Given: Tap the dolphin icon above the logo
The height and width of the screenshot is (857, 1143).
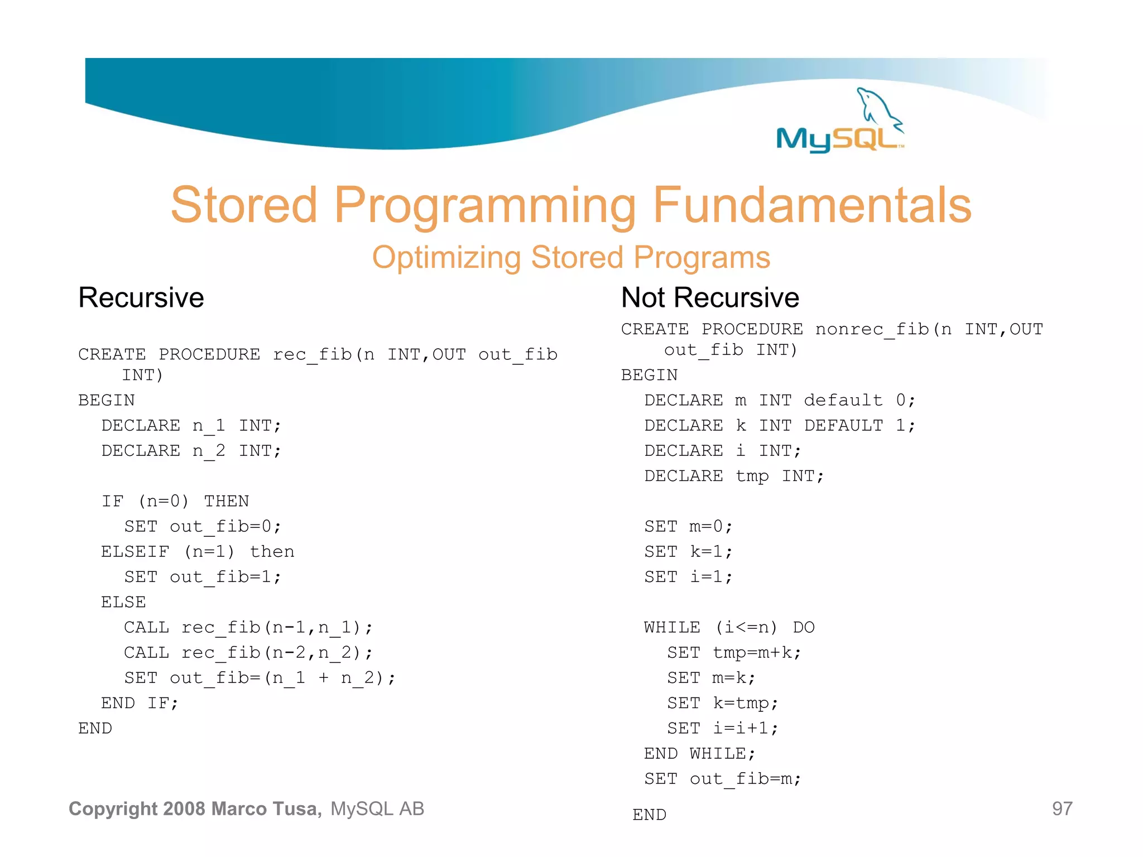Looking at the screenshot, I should click(878, 106).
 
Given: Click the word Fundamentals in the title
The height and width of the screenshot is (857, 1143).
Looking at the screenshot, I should click(811, 205).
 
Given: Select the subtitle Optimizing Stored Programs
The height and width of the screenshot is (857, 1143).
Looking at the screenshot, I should click(571, 258).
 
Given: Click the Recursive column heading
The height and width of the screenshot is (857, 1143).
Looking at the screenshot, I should click(141, 297).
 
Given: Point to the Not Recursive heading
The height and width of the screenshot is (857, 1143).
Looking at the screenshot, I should click(710, 297).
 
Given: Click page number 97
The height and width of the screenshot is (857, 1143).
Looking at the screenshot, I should click(1062, 808).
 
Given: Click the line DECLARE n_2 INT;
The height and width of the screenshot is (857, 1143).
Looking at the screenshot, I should click(191, 451).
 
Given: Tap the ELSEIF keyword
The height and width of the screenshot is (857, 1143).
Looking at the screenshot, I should click(135, 552).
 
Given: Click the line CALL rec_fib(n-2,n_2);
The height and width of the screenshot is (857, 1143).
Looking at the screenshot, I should click(248, 653).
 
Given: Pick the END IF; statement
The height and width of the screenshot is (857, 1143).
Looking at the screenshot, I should click(140, 703).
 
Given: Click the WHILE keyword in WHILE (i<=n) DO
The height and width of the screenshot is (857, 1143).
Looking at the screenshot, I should click(672, 628).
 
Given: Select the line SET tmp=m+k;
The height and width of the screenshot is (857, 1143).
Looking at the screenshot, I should click(734, 653).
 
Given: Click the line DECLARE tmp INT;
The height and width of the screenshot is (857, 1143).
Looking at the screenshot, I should click(734, 476).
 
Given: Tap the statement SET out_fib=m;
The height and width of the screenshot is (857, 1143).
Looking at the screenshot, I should click(723, 779).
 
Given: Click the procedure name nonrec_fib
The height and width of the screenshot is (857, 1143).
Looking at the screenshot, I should click(872, 329).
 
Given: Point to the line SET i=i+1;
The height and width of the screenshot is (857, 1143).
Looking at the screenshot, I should click(723, 728).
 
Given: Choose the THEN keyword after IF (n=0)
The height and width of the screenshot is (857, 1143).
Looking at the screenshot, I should click(226, 501).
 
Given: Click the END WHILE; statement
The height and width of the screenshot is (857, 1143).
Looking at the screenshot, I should click(700, 754).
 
